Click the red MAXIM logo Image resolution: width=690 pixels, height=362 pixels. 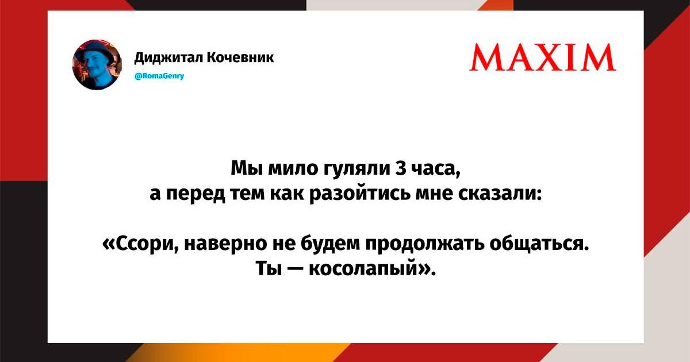tap(542, 57)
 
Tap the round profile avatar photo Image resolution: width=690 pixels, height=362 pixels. tap(97, 64)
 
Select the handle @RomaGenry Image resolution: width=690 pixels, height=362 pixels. tap(160, 76)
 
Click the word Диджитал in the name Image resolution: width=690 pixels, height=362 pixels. tap(168, 57)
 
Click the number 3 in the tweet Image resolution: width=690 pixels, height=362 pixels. tap(401, 169)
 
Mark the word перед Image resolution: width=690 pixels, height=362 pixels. tap(195, 195)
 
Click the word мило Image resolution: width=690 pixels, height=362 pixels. tap(293, 170)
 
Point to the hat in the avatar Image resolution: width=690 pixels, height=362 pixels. tap(96, 50)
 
